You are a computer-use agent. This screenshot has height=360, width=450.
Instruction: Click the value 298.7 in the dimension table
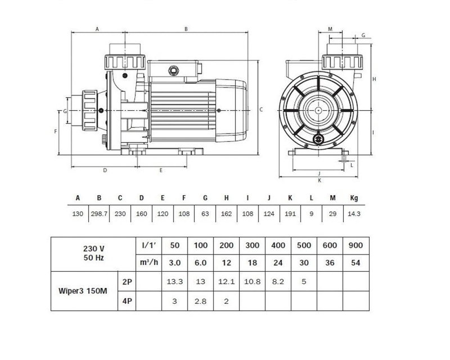(x=99, y=214)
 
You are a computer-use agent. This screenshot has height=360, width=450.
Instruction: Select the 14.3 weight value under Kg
(x=354, y=214)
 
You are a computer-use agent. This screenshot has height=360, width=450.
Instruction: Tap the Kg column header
(x=354, y=198)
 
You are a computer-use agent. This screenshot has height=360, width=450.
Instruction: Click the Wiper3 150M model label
(x=83, y=291)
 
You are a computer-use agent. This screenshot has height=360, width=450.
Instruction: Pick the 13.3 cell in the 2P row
(x=174, y=282)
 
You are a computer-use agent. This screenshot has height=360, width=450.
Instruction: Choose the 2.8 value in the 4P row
(x=200, y=301)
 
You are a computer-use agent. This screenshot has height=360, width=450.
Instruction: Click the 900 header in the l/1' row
(x=355, y=245)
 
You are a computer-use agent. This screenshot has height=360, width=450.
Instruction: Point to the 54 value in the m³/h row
(x=355, y=263)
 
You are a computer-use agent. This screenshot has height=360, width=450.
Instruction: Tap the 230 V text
(x=93, y=249)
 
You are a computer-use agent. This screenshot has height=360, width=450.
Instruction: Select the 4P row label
(x=127, y=301)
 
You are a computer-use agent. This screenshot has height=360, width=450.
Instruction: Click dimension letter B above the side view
(x=186, y=29)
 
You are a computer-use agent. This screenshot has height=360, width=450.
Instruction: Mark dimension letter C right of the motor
(x=261, y=109)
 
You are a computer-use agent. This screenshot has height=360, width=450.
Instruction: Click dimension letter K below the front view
(x=319, y=181)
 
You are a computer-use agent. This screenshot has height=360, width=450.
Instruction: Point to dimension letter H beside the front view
(x=374, y=79)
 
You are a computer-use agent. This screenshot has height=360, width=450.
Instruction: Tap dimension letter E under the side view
(x=161, y=170)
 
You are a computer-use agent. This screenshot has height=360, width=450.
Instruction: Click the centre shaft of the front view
(x=318, y=110)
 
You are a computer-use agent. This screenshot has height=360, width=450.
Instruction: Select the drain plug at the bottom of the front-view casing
(x=318, y=139)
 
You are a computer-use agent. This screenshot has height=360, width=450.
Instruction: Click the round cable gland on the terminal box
(x=173, y=70)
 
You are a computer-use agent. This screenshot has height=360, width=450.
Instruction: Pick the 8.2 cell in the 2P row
(x=278, y=282)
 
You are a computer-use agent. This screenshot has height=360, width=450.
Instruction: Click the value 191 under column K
(x=290, y=214)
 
